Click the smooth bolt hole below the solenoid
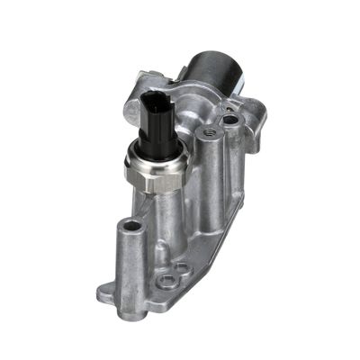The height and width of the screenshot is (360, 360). click(231, 117)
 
